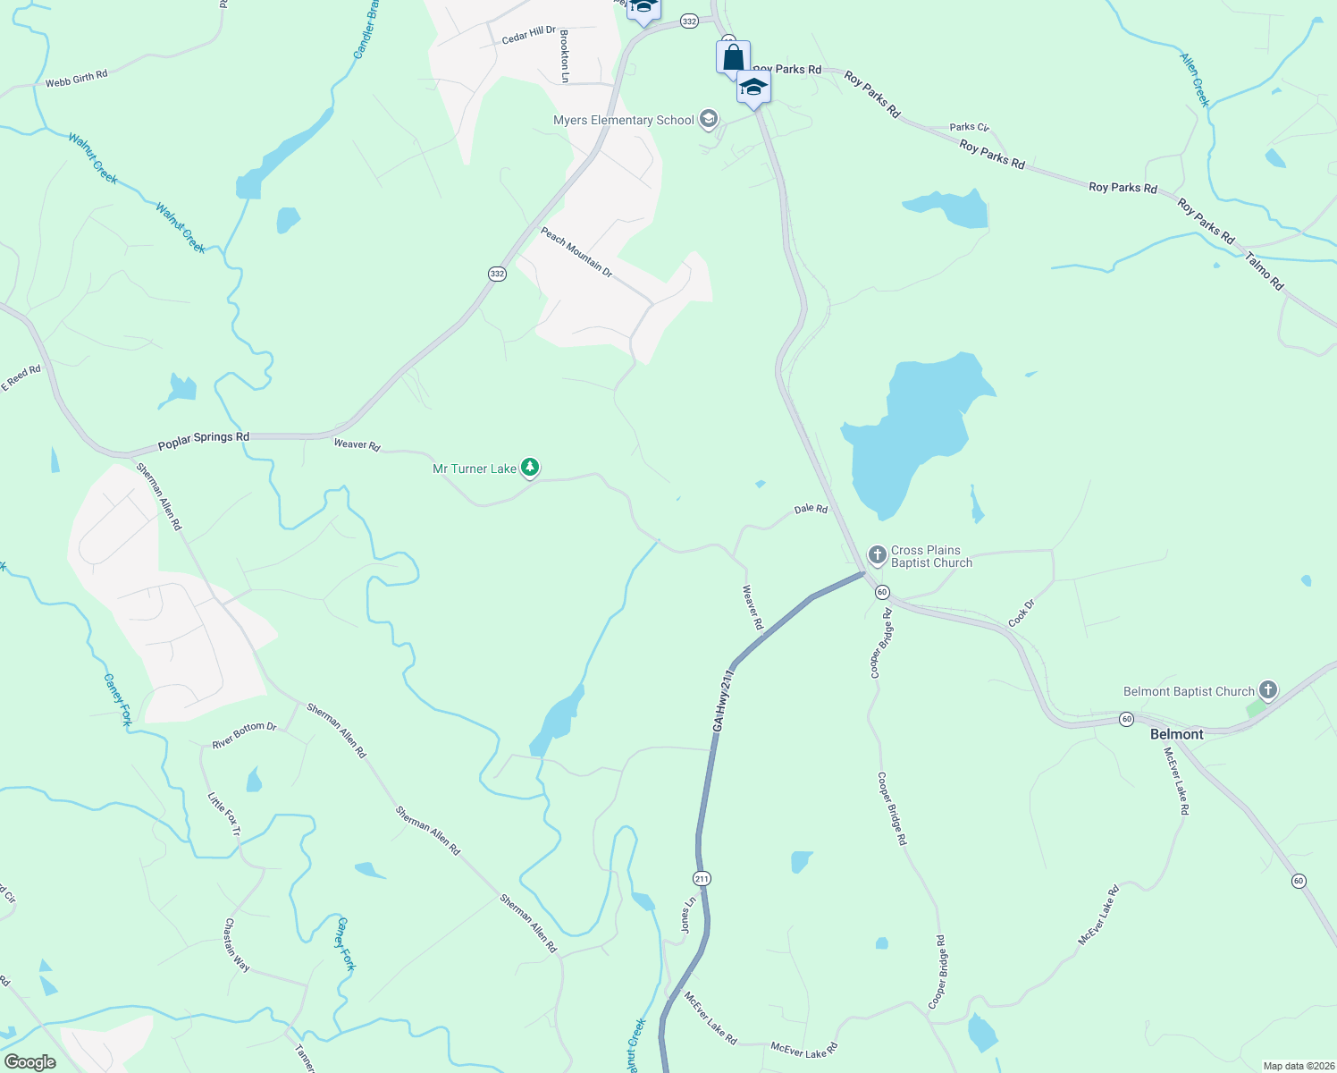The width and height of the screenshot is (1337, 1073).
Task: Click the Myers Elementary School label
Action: [x=624, y=121]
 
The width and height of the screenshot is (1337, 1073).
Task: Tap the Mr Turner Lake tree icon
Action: [x=530, y=467]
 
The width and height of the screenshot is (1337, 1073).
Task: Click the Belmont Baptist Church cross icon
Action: [x=1267, y=690]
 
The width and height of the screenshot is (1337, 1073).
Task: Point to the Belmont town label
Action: [x=1176, y=734]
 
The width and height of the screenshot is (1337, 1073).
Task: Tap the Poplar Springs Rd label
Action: [x=203, y=440]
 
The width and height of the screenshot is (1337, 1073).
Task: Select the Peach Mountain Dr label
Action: [x=576, y=252]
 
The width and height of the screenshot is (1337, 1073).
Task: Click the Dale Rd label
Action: [x=811, y=509]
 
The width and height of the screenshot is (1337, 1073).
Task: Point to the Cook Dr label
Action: [x=1021, y=613]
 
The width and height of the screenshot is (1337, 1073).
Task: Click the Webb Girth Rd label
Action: [x=76, y=80]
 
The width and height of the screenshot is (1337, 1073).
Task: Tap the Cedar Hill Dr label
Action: [x=529, y=35]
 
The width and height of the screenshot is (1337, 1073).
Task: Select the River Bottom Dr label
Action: [x=244, y=735]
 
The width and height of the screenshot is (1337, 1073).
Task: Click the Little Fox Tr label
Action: [x=224, y=815]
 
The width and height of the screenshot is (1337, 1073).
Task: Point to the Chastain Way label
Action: [x=237, y=945]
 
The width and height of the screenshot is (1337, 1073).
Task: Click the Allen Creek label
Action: [x=1194, y=80]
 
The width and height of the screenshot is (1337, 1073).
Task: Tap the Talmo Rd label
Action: [x=1264, y=271]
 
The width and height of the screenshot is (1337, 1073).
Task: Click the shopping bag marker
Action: [x=733, y=58]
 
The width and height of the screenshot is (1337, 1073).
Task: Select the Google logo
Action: [x=29, y=1062]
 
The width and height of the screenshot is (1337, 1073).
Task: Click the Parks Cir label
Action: [x=969, y=128]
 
